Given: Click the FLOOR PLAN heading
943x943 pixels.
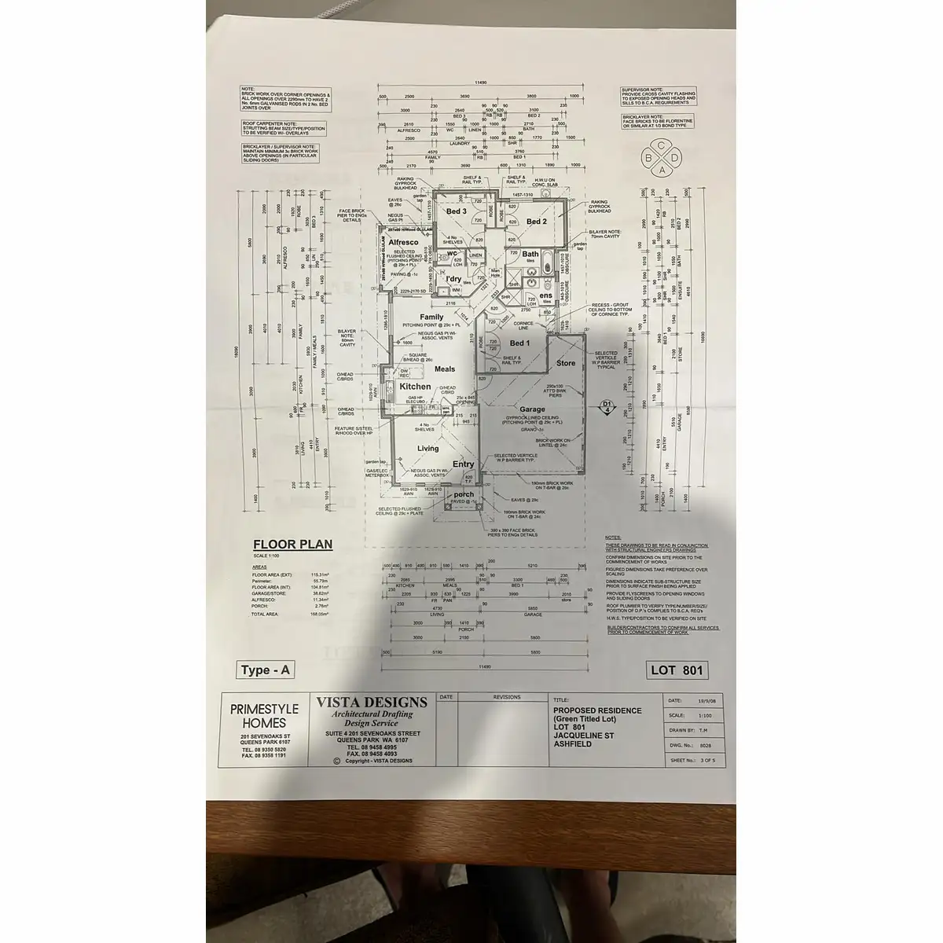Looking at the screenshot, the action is pos(292,544).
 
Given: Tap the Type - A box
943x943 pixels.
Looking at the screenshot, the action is pos(266,670).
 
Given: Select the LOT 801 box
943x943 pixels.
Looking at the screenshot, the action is pos(677,670).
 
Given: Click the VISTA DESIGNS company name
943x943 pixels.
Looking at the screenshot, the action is pos(372,703).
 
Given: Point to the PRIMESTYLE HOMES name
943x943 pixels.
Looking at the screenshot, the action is pos(264,716).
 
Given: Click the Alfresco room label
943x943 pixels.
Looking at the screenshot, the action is pos(402,243).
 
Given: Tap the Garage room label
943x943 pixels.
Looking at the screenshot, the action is pos(532,409).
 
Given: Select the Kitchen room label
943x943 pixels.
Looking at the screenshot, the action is pos(415,387).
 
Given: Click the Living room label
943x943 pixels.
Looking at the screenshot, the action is pos(427,449).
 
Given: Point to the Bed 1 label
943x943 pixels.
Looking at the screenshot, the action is pos(519,344).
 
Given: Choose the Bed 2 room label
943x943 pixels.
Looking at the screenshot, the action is pos(536,222).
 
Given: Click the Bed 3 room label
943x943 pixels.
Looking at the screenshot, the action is pos(457,211).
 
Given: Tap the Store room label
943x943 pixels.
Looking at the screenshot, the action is pos(566,363).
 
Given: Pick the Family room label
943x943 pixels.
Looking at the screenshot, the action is pos(431,317).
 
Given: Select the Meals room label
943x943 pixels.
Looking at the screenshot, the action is pos(445,369).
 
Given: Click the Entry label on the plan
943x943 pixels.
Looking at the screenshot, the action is pos(463,464).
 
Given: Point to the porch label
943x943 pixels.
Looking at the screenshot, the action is pos(464,494).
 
